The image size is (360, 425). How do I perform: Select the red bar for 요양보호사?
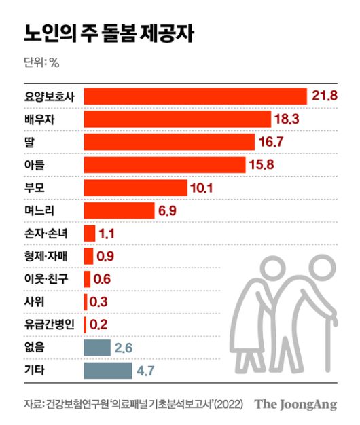click(195, 96)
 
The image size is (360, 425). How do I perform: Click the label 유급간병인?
click(51, 325)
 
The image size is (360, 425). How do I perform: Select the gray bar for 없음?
click(96, 348)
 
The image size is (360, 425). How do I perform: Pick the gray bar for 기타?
click(107, 371)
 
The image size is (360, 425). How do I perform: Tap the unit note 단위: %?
click(41, 63)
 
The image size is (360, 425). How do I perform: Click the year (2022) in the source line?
click(226, 405)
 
